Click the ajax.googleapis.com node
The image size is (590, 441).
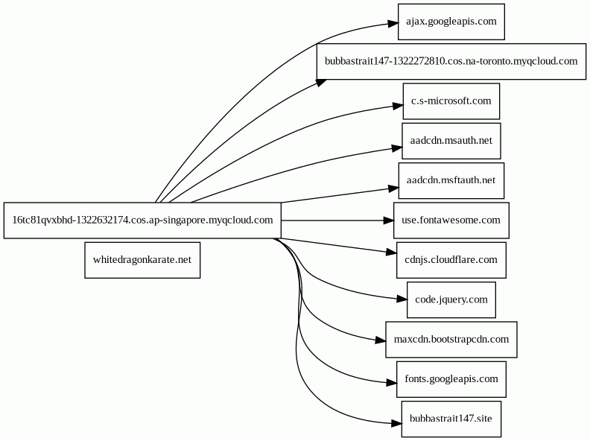pyautogui.click(x=451, y=22)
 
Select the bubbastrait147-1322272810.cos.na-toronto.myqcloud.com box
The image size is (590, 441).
pyautogui.click(x=451, y=61)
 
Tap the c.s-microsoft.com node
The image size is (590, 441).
pyautogui.click(x=451, y=101)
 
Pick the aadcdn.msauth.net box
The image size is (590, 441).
pyautogui.click(x=451, y=141)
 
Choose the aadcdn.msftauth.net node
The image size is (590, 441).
pyautogui.click(x=451, y=180)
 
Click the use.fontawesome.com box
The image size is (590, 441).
pyautogui.click(x=451, y=220)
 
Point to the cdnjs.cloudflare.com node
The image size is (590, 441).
pyautogui.click(x=451, y=260)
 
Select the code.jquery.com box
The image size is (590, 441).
pyautogui.click(x=451, y=300)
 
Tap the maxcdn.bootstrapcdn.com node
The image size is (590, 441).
pyautogui.click(x=451, y=340)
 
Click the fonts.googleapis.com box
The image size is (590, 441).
pyautogui.click(x=451, y=379)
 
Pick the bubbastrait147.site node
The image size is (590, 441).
pyautogui.click(x=451, y=419)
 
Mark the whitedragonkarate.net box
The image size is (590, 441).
pyautogui.click(x=142, y=260)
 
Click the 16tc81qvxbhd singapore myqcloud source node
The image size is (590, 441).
pyautogui.click(x=142, y=220)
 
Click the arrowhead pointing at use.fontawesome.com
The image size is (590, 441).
pyautogui.click(x=389, y=220)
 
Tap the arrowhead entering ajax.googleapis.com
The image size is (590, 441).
pyautogui.click(x=393, y=23)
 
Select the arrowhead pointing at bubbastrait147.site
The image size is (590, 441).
pyautogui.click(x=396, y=424)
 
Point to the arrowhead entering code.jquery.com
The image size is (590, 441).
pyautogui.click(x=402, y=299)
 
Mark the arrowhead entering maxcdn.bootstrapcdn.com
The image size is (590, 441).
pyautogui.click(x=381, y=340)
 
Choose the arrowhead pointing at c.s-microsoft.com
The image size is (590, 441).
pyautogui.click(x=398, y=106)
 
